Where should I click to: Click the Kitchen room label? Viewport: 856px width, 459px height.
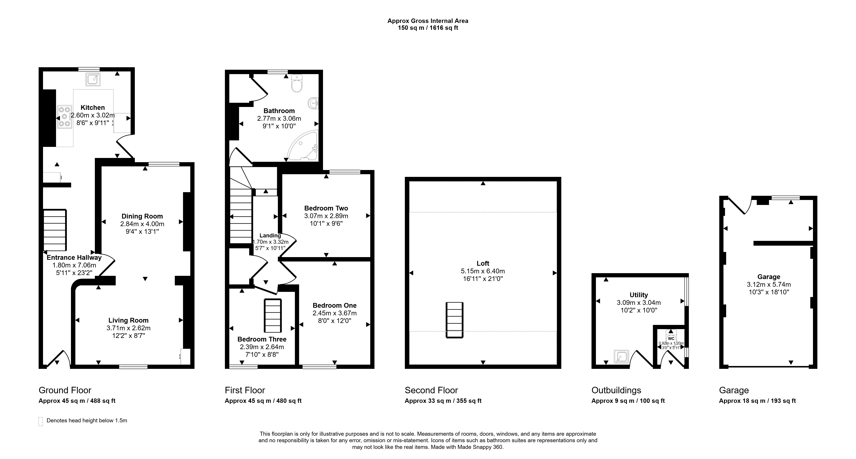click(93, 108)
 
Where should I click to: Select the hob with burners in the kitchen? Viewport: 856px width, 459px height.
click(64, 117)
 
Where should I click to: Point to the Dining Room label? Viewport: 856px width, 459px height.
click(142, 216)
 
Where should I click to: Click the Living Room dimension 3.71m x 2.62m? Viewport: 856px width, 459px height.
click(129, 328)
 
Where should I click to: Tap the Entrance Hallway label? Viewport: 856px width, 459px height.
click(74, 257)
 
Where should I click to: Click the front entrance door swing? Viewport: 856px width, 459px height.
click(59, 359)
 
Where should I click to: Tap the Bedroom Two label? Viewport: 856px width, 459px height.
click(326, 208)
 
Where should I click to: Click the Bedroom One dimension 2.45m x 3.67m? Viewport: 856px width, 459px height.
click(335, 313)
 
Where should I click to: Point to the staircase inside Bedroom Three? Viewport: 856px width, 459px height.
click(273, 316)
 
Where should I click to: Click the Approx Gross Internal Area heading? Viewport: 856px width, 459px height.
click(428, 21)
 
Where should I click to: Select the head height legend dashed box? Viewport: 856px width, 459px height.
click(41, 422)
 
